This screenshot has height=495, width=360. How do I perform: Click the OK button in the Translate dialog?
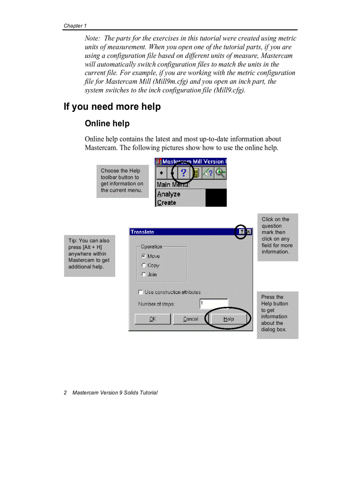[152, 319]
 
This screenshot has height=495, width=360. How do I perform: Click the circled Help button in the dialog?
[229, 319]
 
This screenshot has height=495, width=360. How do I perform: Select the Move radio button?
[144, 256]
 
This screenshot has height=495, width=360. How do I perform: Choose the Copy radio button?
[144, 265]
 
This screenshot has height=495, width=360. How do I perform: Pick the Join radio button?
[144, 275]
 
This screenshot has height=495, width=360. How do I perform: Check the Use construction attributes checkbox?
[141, 292]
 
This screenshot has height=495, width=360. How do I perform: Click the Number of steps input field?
[214, 304]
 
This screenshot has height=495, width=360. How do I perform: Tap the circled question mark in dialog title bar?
[241, 232]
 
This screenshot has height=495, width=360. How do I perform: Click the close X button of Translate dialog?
[248, 232]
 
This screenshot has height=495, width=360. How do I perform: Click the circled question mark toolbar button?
[184, 173]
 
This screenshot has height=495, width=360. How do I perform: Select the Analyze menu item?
[169, 194]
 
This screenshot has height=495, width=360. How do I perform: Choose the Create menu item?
[167, 203]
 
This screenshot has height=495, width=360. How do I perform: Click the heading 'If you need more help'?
[112, 107]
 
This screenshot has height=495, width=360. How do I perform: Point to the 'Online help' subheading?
[107, 123]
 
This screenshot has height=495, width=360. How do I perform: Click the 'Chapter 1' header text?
[75, 26]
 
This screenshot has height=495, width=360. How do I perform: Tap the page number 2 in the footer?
[65, 393]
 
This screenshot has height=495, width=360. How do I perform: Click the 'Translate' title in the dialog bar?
[142, 232]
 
